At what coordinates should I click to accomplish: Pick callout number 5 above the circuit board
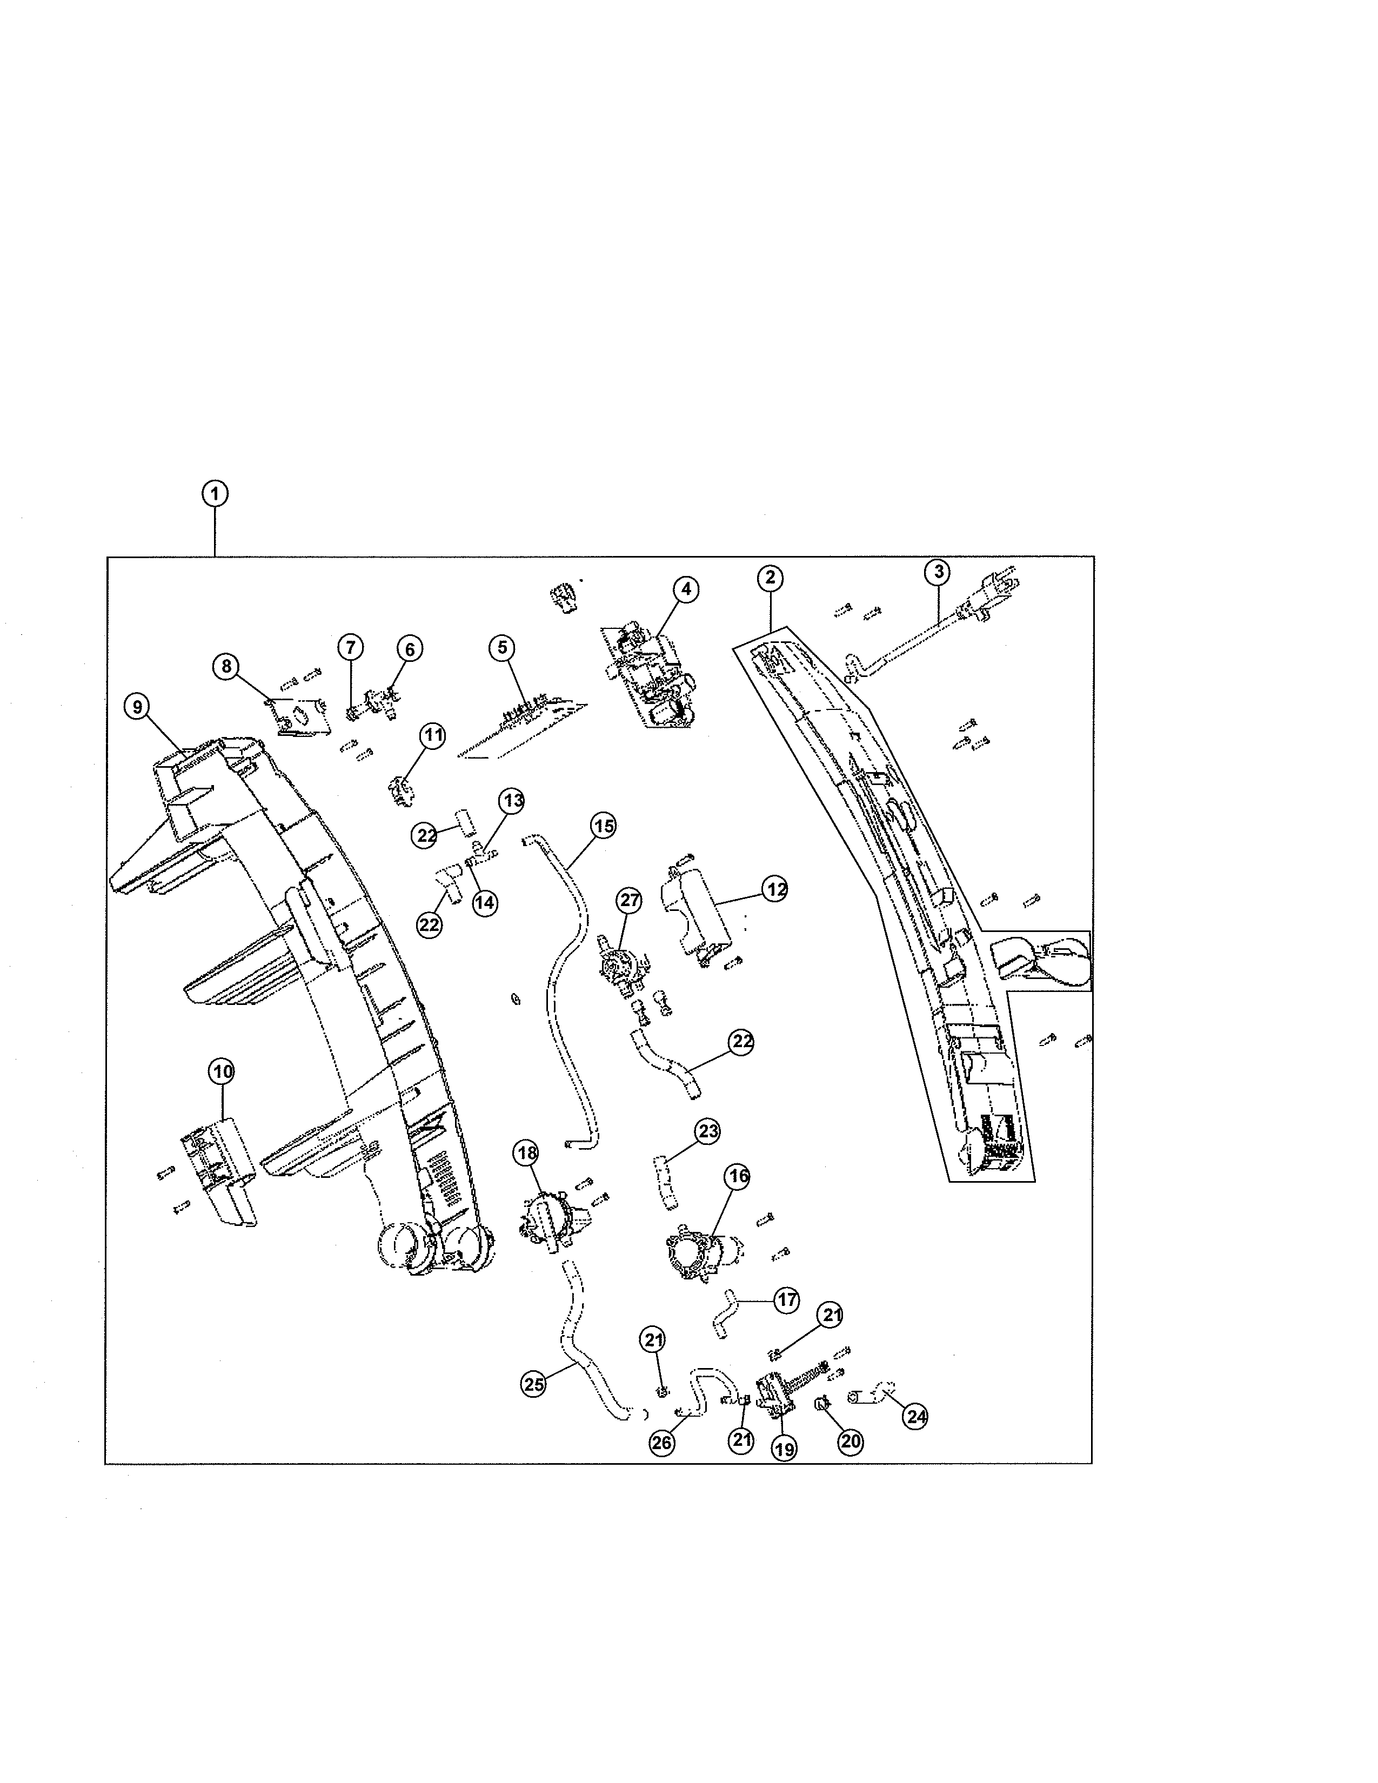tap(502, 647)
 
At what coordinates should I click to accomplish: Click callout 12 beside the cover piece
tap(775, 888)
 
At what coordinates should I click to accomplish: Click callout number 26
tap(661, 1443)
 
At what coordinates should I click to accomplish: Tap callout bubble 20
tap(851, 1442)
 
